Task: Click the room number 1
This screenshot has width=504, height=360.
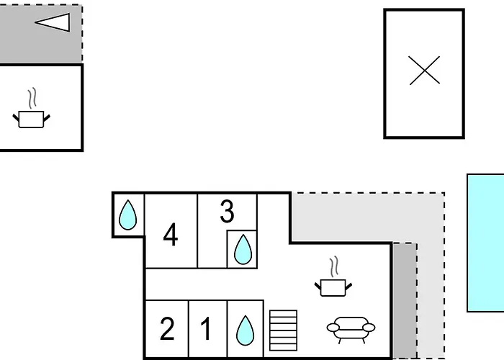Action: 206,328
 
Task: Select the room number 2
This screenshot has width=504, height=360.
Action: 167,328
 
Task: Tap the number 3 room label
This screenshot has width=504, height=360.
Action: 228,211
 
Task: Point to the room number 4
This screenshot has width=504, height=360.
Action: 171,235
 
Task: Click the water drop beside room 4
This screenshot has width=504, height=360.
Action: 127,215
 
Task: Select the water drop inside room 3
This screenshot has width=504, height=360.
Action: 243,249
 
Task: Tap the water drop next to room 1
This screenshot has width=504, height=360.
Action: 245,330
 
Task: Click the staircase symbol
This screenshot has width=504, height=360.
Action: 283,330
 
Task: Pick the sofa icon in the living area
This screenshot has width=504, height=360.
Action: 351,329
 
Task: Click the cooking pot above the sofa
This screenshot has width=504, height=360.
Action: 333,287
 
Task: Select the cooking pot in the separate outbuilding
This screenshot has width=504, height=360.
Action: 31,120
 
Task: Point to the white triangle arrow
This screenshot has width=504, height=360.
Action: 53,22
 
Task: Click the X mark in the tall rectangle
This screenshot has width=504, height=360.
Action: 424,71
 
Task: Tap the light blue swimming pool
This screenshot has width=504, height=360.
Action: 485,243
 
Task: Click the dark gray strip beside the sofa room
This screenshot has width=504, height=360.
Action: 405,300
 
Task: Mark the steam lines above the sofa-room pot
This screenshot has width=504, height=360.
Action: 334,266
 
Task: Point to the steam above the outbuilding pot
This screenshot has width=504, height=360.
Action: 32,98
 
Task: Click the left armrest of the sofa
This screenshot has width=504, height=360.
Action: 333,328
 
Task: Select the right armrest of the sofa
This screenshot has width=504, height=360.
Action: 369,328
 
